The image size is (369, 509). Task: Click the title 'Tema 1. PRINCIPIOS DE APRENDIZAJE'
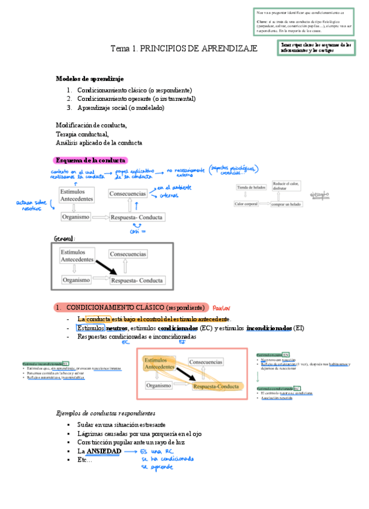pos(184,47)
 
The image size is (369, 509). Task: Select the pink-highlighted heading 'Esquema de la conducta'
pos(90,160)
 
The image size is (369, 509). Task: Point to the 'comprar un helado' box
pos(286,204)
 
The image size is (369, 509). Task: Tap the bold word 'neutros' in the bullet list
pos(117,328)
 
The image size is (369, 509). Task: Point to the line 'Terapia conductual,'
pos(81,134)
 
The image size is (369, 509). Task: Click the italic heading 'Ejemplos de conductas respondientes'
pos(105,413)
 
